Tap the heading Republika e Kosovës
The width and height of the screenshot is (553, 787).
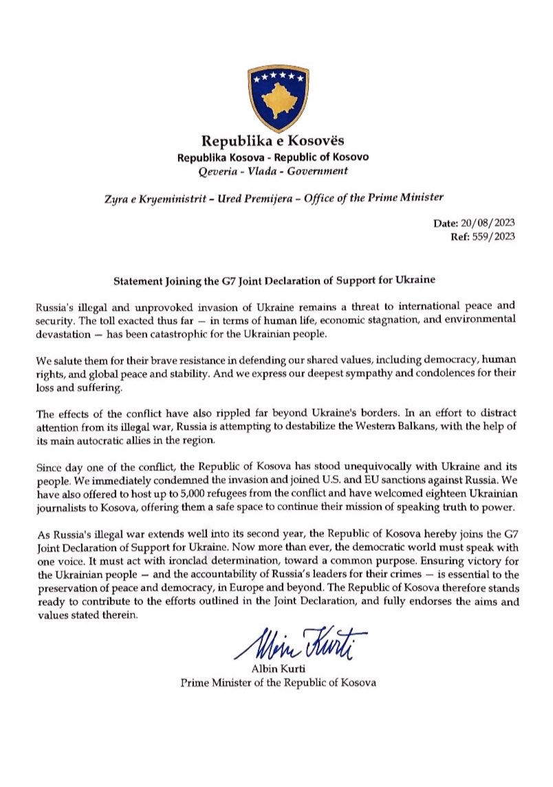(x=277, y=142)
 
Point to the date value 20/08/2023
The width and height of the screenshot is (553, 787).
(x=486, y=224)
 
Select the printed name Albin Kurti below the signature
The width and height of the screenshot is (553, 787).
(x=278, y=671)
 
